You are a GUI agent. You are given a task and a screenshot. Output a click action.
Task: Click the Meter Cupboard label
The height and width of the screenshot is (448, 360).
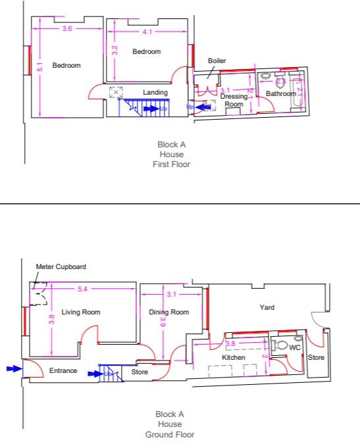coord(61,267)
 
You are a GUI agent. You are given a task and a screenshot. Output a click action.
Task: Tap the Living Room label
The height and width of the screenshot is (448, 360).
coord(81,312)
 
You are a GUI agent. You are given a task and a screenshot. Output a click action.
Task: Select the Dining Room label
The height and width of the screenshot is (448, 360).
coord(168,312)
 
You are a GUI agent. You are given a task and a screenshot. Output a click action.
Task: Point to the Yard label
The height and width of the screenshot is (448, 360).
coord(267,307)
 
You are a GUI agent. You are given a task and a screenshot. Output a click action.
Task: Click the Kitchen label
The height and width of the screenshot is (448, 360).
coord(234,357)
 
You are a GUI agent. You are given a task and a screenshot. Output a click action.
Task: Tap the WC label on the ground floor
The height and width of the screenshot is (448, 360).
coord(295,347)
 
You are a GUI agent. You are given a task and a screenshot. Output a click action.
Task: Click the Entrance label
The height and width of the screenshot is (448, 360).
coord(63,371)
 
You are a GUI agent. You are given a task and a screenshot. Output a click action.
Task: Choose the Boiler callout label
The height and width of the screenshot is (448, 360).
coord(217,61)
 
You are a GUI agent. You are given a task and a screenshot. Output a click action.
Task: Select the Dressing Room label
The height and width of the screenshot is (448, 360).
coord(234,100)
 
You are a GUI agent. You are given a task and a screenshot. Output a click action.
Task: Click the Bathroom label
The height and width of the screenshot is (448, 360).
coord(281,94)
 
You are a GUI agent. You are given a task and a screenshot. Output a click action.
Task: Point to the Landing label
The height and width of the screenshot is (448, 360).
coord(155,92)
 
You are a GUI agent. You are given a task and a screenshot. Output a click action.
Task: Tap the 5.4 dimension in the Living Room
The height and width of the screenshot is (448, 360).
coord(83,289)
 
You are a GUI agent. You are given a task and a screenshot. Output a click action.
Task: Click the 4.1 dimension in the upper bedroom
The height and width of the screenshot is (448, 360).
coord(146,32)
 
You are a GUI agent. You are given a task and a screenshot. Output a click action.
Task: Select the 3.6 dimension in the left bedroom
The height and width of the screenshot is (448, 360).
coord(68,29)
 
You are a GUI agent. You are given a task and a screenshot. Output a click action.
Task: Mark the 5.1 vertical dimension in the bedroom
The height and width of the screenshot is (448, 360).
coord(39,67)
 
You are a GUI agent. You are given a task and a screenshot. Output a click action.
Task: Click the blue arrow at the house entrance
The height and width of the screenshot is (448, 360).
coord(13,369)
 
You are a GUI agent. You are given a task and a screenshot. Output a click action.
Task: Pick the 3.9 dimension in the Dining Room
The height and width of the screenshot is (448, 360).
coord(163,320)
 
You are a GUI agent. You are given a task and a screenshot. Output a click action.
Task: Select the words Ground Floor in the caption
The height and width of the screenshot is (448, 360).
coord(169,435)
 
